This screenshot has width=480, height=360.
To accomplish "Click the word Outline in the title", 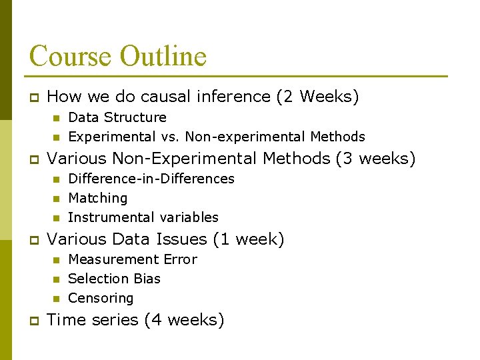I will click(163, 55).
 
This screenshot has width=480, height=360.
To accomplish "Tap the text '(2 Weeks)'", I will click(317, 97).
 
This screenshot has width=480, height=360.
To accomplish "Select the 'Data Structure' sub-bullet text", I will click(117, 117).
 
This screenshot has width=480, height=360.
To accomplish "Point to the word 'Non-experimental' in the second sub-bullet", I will click(245, 137).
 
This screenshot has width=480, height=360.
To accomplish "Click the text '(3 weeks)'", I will click(375, 159).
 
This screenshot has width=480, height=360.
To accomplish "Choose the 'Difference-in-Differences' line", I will click(151, 179).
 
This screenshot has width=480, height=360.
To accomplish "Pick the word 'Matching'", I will click(98, 198).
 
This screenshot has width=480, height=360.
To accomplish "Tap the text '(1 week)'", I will click(248, 239).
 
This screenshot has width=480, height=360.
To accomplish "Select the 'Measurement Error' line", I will click(133, 259).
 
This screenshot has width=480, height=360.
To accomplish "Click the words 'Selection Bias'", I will click(114, 279).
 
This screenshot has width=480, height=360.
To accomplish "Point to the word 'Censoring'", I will click(101, 298).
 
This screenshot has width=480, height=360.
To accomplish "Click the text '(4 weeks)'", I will click(184, 320).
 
